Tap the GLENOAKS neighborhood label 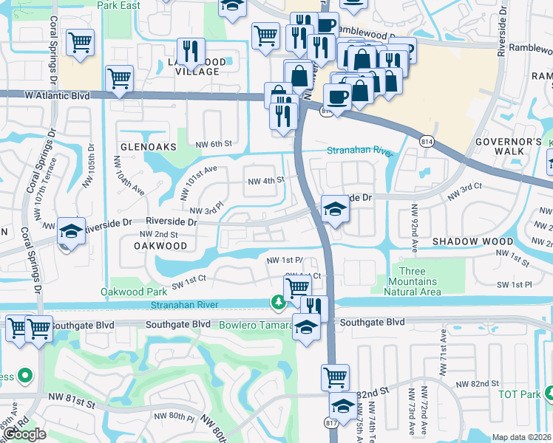tap(148, 147)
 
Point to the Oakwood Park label tap(132, 291)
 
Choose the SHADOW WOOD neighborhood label tap(472, 241)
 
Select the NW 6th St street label tap(214, 143)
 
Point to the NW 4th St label tap(266, 181)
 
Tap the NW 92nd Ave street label tap(415, 221)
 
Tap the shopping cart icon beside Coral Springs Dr tap(80, 42)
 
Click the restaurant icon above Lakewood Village tap(191, 51)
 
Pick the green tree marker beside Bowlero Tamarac tap(279, 301)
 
